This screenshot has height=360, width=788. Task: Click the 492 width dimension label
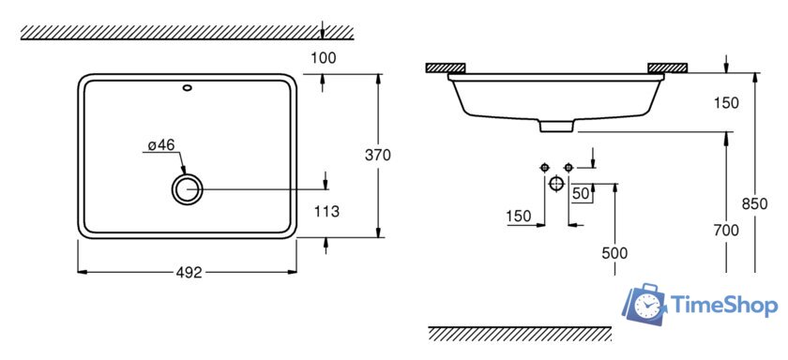[x=189, y=273]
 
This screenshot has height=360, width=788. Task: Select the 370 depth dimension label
[x=377, y=156]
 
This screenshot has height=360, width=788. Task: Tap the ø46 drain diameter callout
[x=161, y=145]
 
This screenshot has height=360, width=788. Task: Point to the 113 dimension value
[x=326, y=212]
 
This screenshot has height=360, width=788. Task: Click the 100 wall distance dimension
[x=323, y=58]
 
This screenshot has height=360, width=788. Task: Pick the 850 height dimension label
[x=755, y=204]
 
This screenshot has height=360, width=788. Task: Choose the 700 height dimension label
[x=726, y=231]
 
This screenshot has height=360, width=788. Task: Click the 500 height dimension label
[x=614, y=253]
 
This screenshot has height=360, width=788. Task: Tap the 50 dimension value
[x=581, y=194]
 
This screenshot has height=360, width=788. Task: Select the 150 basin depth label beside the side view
[x=726, y=103]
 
